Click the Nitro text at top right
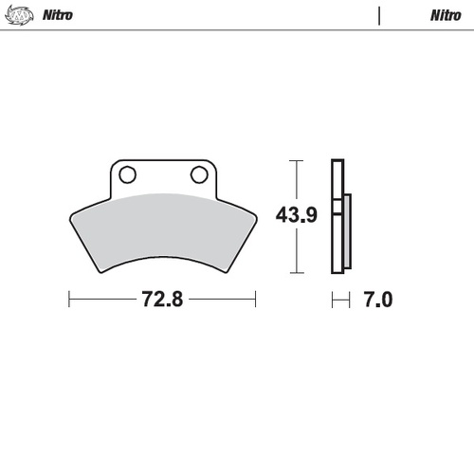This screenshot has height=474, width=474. (446, 16)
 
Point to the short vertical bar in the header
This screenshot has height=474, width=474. (379, 16)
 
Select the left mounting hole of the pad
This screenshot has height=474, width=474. (128, 174)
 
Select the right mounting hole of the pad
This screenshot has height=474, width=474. (199, 174)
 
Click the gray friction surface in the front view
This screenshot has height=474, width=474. (161, 228)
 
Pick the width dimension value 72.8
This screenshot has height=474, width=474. (162, 300)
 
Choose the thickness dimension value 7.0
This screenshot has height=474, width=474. (377, 300)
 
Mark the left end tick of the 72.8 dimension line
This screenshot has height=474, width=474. (69, 300)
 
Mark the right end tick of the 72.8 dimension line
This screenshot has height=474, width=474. (256, 300)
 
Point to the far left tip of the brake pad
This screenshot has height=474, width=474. (71, 214)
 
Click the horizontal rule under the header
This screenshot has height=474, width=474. (237, 29)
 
